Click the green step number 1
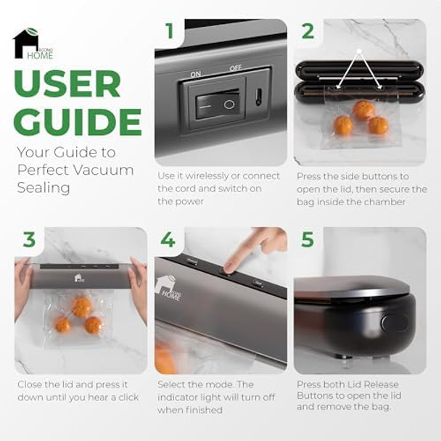[x=170, y=32]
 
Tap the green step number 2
[x=308, y=32]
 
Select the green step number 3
[x=30, y=239]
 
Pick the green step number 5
[x=308, y=239]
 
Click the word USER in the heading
[x=67, y=85]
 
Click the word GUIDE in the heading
[x=77, y=121]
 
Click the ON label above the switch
[x=195, y=74]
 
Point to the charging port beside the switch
[x=258, y=96]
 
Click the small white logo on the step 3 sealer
[x=78, y=277]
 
